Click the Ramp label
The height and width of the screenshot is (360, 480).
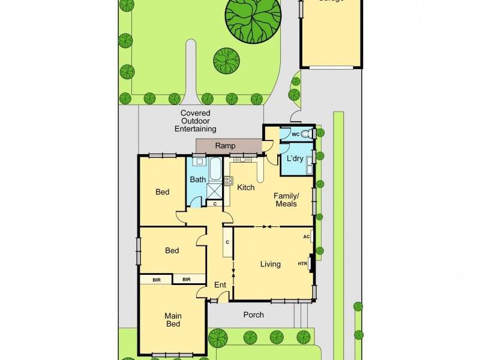point(226,146)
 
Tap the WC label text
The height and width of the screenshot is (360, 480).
point(295,134)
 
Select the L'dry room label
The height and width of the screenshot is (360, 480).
point(294,159)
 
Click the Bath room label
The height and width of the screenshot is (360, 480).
point(197,179)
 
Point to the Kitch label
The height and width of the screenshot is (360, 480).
point(246,188)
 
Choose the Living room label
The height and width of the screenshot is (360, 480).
point(270,264)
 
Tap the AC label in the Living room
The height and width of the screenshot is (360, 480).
point(306,236)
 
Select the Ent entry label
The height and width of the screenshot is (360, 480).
point(220,284)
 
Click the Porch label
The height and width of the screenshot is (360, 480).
point(253,314)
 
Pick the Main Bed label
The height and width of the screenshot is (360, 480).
point(173,320)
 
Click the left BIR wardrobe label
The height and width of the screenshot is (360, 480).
point(156,279)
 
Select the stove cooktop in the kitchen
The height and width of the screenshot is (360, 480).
point(228,180)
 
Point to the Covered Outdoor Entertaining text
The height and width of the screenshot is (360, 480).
point(195,121)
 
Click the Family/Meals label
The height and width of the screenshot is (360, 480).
point(286,200)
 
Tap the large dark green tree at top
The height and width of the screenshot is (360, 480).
point(253,18)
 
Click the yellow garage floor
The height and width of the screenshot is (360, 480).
point(331,36)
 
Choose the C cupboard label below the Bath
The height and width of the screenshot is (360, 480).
point(215,204)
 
